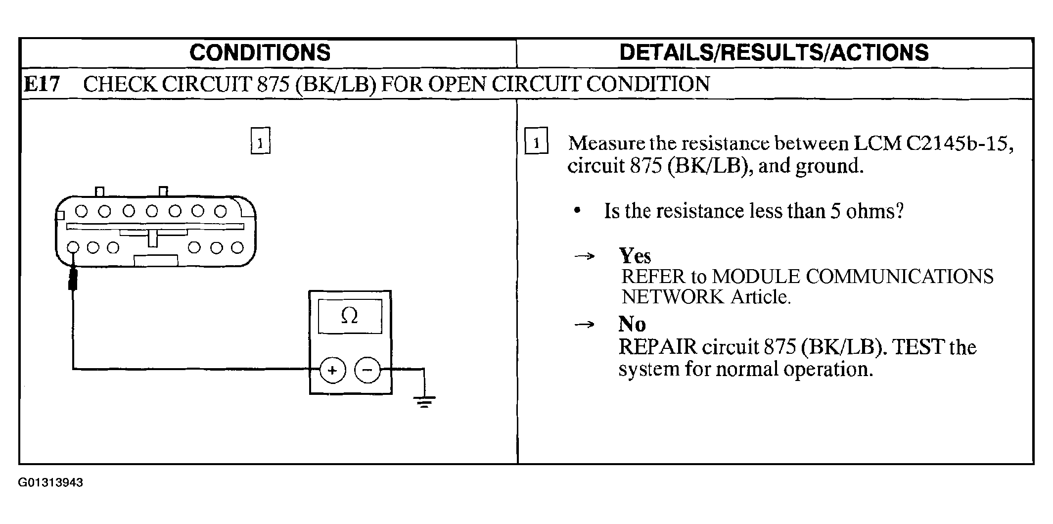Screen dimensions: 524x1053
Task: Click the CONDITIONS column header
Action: click(260, 52)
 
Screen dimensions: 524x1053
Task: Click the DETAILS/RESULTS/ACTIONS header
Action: click(774, 52)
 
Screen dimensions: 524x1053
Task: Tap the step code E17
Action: click(42, 84)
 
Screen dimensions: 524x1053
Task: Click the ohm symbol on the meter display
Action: click(349, 316)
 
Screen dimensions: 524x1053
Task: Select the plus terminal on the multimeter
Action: click(332, 370)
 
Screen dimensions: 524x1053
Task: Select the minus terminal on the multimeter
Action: click(367, 370)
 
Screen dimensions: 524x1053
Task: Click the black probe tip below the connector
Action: click(73, 279)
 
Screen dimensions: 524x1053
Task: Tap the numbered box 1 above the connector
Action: click(261, 142)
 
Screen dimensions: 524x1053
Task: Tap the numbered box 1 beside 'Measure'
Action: click(536, 142)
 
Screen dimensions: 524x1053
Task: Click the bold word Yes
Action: click(635, 256)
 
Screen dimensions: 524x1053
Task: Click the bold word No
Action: click(632, 324)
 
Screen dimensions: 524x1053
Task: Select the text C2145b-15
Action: click(959, 143)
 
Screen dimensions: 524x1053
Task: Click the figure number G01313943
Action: click(50, 482)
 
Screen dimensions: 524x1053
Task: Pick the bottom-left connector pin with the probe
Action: click(73, 247)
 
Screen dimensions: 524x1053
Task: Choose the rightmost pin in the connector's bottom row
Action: click(238, 247)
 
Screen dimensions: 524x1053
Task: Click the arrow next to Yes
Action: click(584, 256)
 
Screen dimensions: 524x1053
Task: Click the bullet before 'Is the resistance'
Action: click(577, 211)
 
